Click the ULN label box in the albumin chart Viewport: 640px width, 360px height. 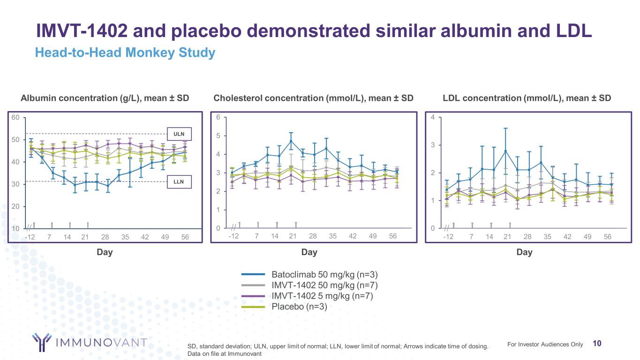click(x=179, y=134)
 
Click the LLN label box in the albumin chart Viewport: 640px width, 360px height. click(x=179, y=181)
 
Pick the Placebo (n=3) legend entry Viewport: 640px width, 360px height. click(x=299, y=307)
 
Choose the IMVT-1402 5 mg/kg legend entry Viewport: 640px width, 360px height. click(x=322, y=296)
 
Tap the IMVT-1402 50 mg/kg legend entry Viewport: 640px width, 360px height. click(x=324, y=285)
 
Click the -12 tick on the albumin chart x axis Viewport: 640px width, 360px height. click(x=30, y=237)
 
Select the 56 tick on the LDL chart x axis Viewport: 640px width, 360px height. click(x=608, y=237)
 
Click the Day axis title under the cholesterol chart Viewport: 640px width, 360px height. click(x=309, y=252)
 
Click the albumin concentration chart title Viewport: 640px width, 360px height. click(x=105, y=98)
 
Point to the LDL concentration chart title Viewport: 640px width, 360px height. click(x=527, y=98)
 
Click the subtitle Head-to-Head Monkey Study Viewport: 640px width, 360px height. click(x=125, y=53)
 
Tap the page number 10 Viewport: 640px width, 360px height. click(x=597, y=344)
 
